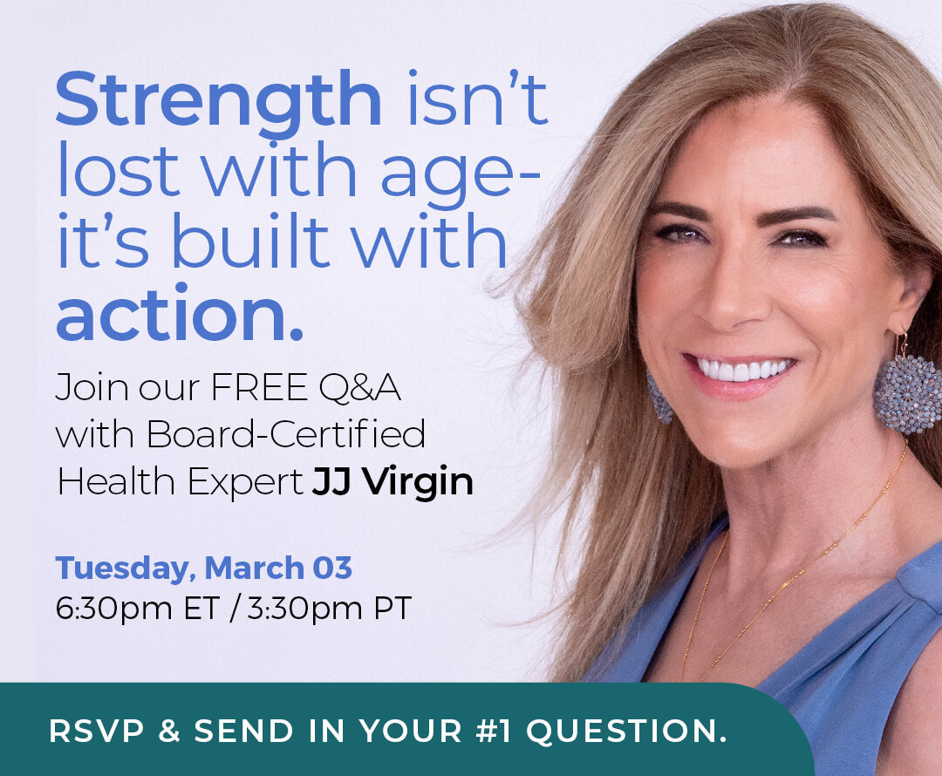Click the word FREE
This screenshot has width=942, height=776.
point(260,387)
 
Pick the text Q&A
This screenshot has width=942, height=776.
point(360,388)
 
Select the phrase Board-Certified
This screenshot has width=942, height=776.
point(286,433)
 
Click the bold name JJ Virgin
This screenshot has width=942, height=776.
point(392,481)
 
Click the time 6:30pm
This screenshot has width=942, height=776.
point(113,609)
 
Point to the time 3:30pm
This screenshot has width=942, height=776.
point(305,609)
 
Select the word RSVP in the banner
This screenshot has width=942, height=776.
point(97,731)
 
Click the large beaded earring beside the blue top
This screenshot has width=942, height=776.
point(908,393)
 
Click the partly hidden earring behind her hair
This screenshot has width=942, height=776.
point(659,399)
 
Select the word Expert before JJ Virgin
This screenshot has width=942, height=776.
point(245,482)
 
